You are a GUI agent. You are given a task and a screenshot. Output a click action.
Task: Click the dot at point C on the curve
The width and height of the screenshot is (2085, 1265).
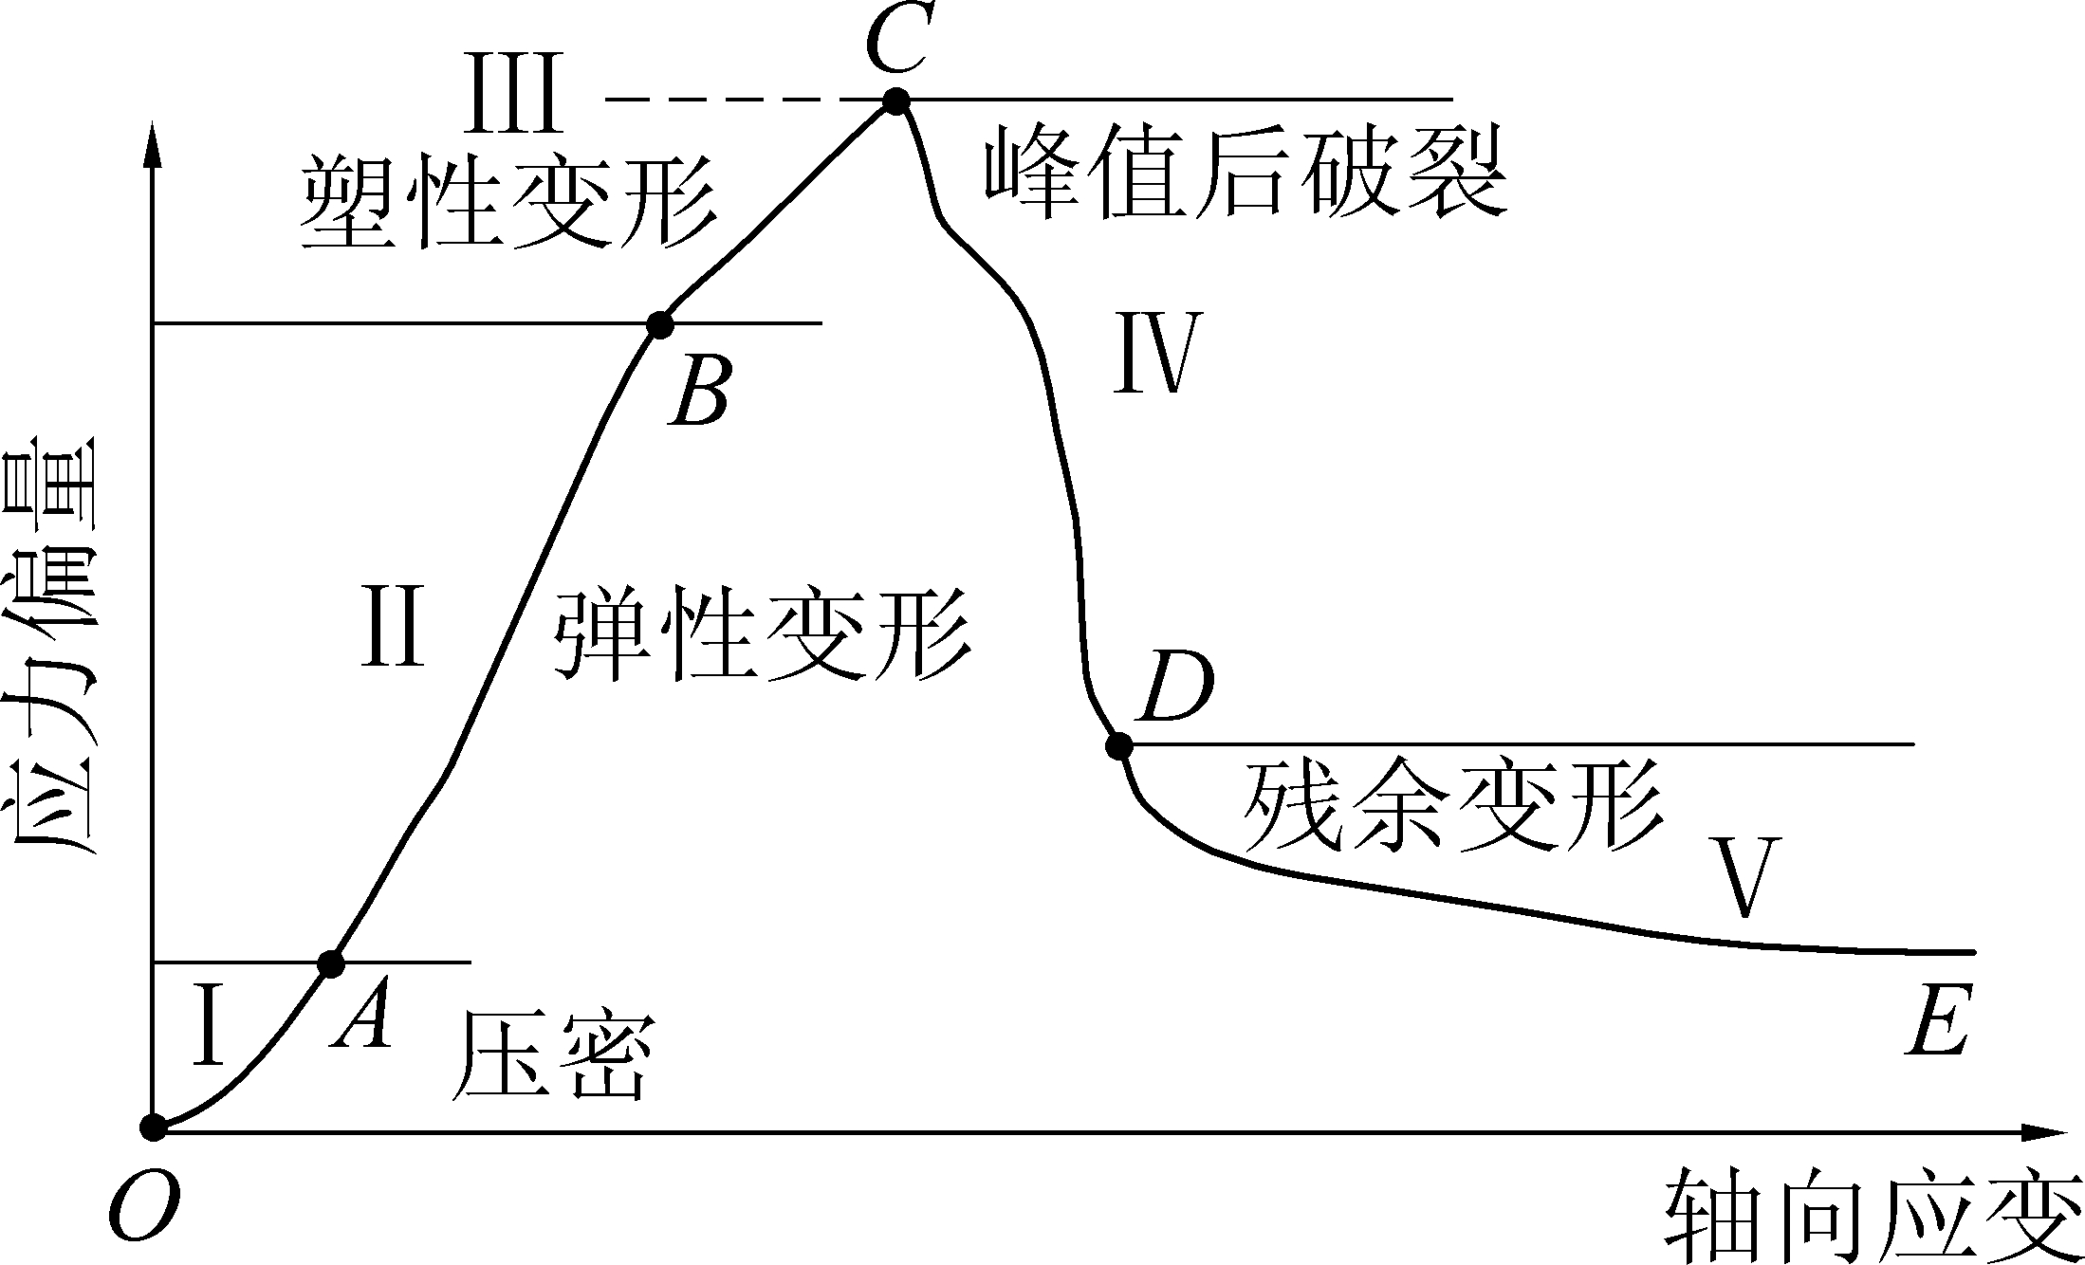pos(895,101)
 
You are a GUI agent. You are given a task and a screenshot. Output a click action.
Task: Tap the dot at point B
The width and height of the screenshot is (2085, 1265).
pos(660,325)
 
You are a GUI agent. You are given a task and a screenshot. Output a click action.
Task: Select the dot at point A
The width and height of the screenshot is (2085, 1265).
pos(331,963)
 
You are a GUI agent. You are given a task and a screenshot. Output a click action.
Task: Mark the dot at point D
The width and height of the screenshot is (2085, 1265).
pos(1119,746)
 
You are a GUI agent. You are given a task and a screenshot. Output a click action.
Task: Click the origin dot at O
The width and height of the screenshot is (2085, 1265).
pos(153,1127)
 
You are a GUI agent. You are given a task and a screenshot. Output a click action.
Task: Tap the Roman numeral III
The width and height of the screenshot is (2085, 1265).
pos(516,98)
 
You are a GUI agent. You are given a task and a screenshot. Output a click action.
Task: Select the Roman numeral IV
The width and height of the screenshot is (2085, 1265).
pos(1153,353)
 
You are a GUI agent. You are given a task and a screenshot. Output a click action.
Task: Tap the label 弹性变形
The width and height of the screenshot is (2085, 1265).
pos(762,634)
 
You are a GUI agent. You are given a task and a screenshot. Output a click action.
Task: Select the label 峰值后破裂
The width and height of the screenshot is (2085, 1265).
pos(1245,174)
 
